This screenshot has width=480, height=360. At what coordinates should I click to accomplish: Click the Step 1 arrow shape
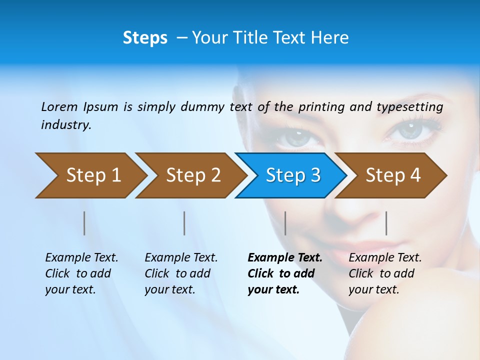click(90, 175)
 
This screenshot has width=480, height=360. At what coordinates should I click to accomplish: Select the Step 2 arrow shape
click(190, 175)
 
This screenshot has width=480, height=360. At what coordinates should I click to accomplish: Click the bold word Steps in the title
click(145, 38)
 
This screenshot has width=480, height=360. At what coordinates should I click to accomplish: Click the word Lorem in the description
click(59, 106)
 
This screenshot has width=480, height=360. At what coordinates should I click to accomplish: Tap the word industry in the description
click(65, 125)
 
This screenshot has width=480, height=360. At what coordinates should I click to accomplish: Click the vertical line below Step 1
click(84, 223)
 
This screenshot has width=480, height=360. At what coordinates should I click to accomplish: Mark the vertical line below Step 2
click(184, 223)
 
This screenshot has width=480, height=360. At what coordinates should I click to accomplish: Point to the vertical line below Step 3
click(285, 223)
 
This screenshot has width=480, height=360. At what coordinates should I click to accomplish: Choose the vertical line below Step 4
click(386, 223)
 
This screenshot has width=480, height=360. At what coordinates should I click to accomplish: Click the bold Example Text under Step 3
click(285, 258)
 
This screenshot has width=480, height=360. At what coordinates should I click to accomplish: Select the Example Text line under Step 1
click(81, 258)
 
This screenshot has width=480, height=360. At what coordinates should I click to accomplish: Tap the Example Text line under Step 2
click(181, 258)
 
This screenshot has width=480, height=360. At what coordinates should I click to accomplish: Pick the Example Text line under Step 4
click(385, 258)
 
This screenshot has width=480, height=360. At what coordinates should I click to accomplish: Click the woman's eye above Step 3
click(295, 135)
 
